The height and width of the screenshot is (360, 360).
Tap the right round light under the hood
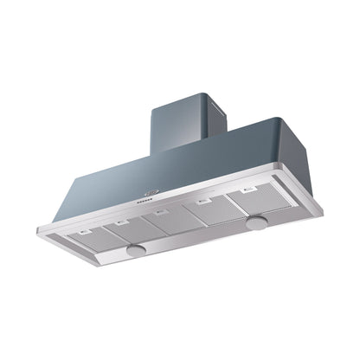[256, 223]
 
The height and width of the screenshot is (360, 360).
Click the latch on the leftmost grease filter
[85, 230]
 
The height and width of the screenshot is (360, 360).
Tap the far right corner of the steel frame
[322, 207]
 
